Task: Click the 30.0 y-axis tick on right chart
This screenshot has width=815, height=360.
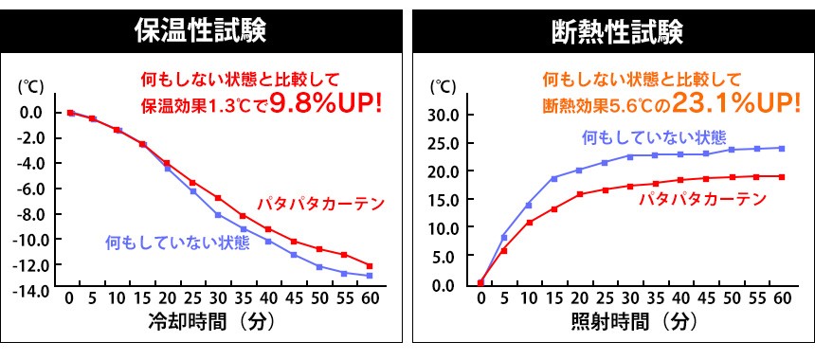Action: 444,115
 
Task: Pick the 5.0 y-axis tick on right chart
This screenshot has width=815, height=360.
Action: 447,257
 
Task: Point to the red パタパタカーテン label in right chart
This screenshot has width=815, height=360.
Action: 702,199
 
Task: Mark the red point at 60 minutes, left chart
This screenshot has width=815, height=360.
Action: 370,266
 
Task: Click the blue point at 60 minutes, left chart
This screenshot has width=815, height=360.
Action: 370,276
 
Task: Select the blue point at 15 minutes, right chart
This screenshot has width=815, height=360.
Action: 553,178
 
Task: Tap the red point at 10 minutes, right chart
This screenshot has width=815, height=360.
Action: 529,223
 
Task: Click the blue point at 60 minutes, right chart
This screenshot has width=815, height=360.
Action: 782,148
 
